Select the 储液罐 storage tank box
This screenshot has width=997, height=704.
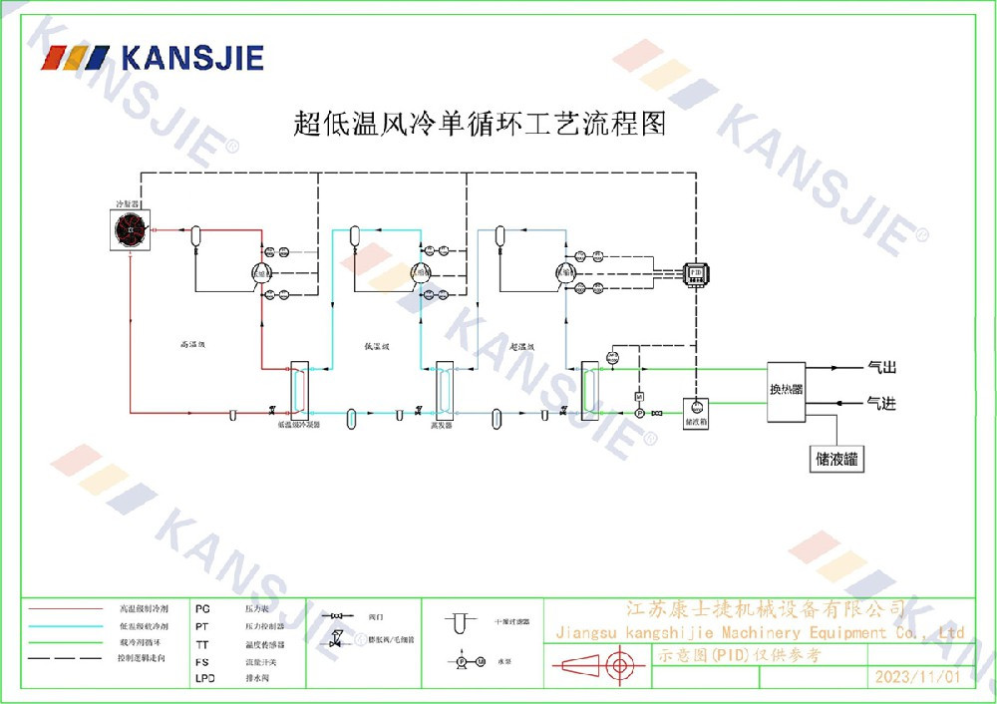837,460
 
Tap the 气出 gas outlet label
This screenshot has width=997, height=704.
882,368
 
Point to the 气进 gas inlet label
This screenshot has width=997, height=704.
882,403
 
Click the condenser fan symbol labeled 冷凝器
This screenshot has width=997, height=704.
132,230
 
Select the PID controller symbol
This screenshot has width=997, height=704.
694,271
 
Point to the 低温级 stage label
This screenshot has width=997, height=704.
376,346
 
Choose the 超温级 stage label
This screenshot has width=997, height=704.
522,346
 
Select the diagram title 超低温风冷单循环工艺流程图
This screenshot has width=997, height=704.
479,124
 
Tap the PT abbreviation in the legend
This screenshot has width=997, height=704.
202,625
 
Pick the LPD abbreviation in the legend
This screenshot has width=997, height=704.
203,678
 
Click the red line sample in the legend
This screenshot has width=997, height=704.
66,607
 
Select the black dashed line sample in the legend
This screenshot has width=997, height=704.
66,659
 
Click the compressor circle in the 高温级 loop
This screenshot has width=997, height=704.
261,273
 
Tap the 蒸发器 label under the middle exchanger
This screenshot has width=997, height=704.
442,424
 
